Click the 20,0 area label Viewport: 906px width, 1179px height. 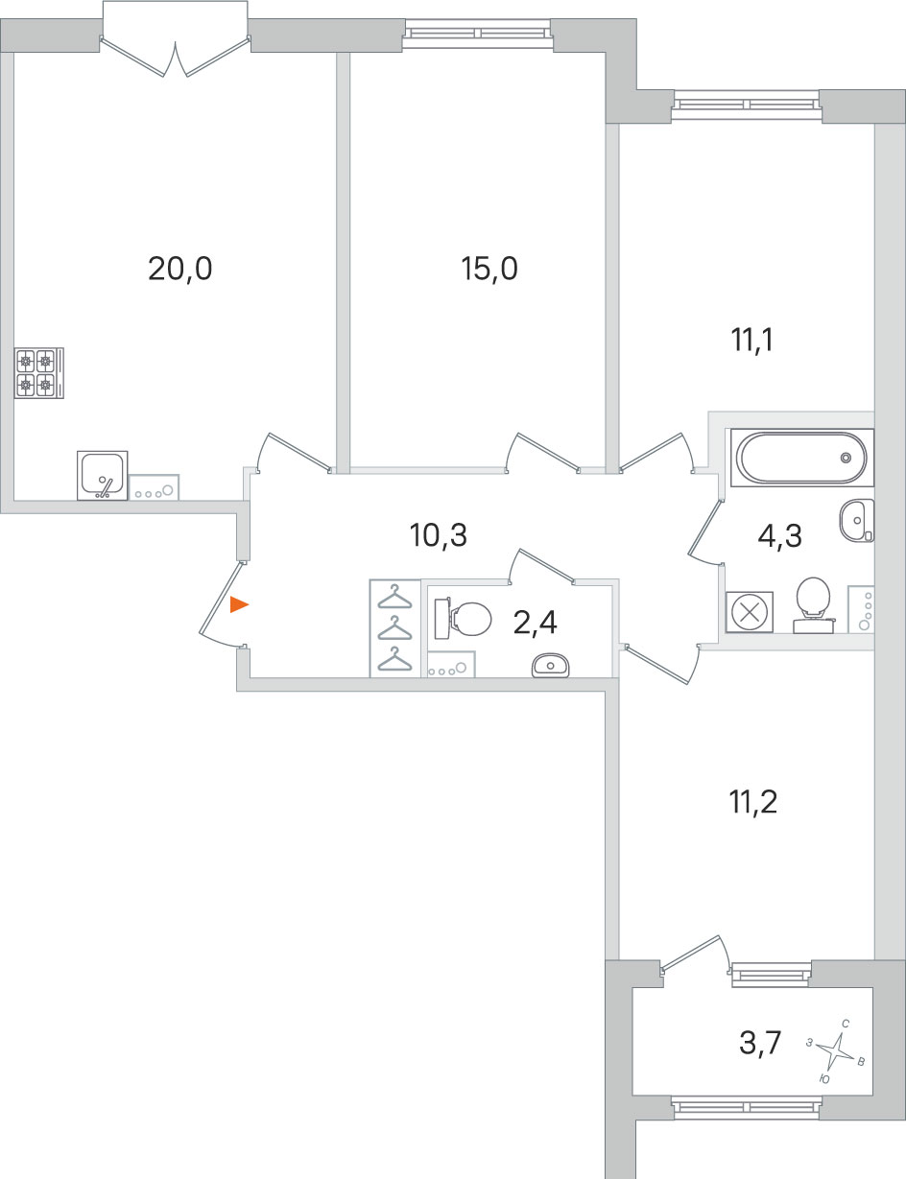(x=179, y=270)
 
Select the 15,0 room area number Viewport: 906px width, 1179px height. (x=489, y=270)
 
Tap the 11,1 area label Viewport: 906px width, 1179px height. (x=751, y=341)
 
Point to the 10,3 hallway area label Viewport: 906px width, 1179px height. (x=438, y=535)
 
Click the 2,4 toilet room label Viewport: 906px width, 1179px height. (x=536, y=623)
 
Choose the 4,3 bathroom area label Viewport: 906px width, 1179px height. (x=779, y=536)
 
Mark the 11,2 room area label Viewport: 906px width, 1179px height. (x=752, y=802)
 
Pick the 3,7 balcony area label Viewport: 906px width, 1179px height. (x=760, y=1043)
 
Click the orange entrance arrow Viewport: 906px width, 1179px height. (x=239, y=604)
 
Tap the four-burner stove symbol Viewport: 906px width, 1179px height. (x=39, y=373)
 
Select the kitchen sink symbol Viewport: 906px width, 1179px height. (x=103, y=475)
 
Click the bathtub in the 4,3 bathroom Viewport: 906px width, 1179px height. (x=801, y=458)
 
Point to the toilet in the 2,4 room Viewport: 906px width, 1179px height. (x=463, y=619)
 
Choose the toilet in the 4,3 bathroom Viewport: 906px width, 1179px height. (x=813, y=604)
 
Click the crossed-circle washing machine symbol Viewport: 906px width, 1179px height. (x=750, y=613)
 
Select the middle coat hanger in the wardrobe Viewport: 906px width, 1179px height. (x=395, y=629)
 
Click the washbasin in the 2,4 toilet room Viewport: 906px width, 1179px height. (x=551, y=665)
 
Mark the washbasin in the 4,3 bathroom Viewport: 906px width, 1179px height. (x=857, y=520)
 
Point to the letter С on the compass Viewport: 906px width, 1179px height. (x=846, y=1024)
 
